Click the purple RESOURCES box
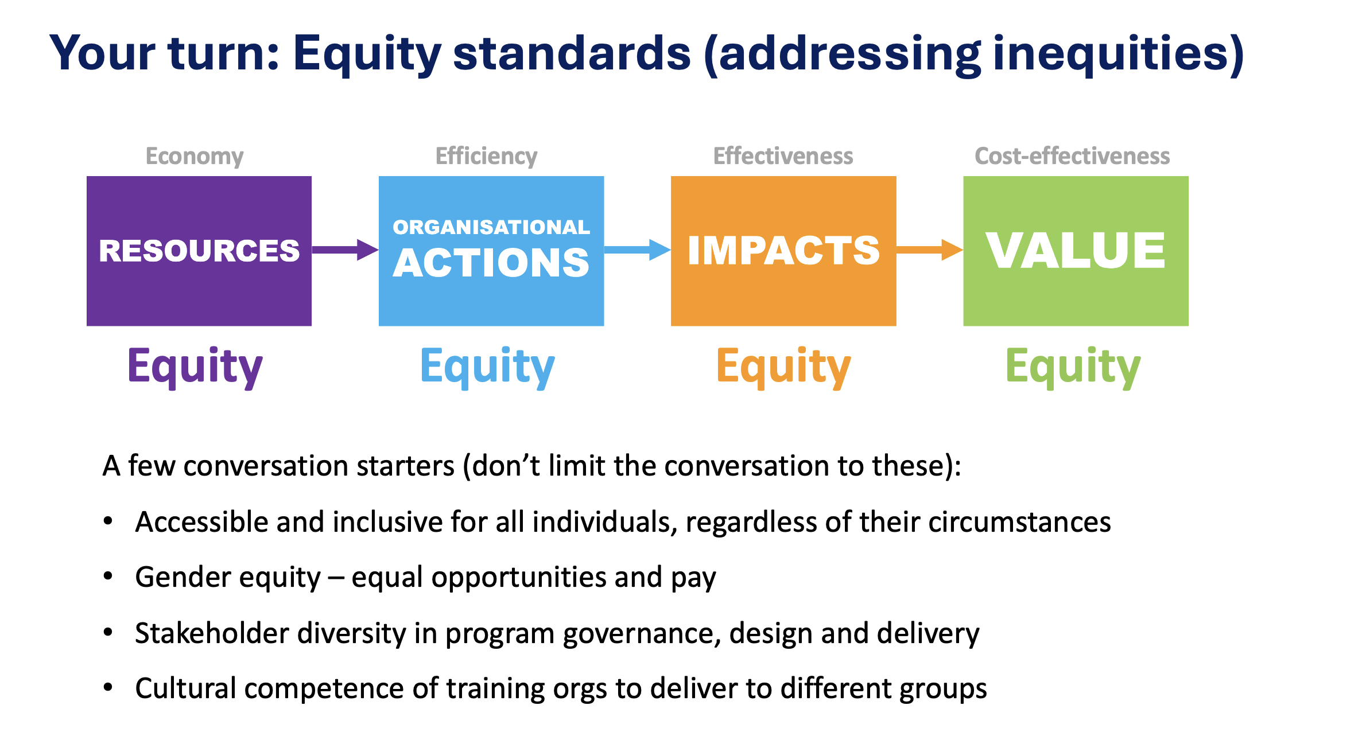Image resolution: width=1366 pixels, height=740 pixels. tap(199, 251)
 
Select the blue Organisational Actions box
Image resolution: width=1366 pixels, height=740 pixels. tap(491, 251)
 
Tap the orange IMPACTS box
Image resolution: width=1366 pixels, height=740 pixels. tap(783, 251)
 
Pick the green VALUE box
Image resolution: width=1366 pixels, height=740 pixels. tap(1076, 251)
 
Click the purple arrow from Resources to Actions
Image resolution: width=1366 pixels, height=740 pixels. tap(345, 250)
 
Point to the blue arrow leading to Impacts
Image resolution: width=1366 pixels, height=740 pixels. tap(637, 250)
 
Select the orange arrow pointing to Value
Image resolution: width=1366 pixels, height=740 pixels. tap(929, 250)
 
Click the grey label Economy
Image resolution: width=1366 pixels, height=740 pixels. tap(195, 156)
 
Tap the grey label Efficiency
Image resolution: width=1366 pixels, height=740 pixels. tap(486, 156)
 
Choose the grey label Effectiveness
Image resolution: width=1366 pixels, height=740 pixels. tap(783, 156)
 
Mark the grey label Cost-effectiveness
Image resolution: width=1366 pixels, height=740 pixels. tap(1072, 156)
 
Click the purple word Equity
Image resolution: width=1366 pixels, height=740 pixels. tap(195, 367)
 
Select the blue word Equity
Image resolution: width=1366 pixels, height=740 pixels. tap(488, 367)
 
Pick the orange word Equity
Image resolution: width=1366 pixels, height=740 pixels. tap(784, 367)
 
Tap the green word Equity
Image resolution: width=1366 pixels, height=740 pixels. tap(1073, 367)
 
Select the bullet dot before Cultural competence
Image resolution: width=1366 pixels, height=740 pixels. tap(108, 687)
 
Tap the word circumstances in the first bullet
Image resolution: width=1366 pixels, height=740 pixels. tap(1020, 522)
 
